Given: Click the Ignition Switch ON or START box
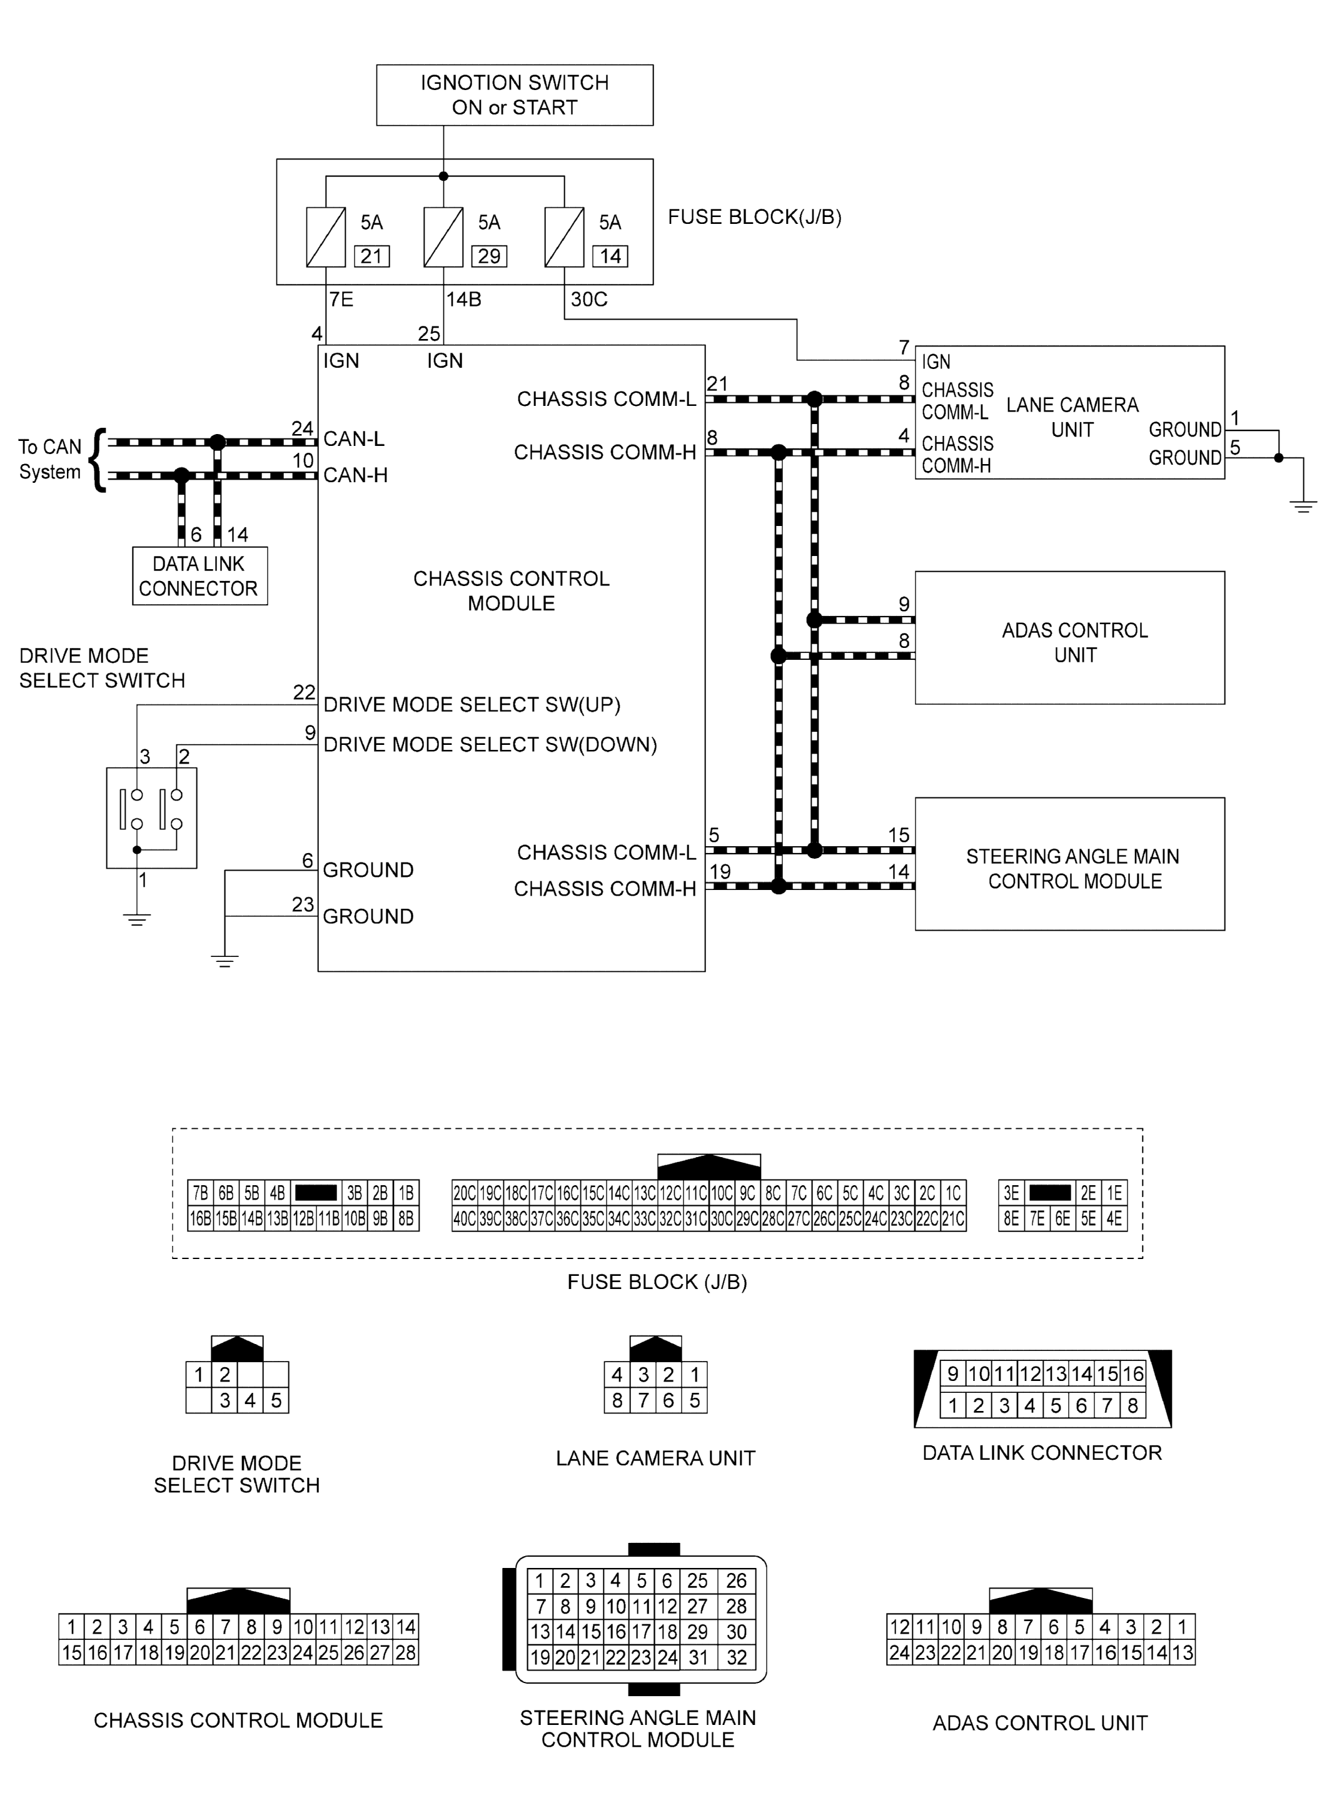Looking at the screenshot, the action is pos(515,95).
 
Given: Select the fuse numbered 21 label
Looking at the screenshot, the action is pos(371,256).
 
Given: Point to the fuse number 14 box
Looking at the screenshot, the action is pos(610,256).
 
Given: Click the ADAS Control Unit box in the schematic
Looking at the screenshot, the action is pos(1070,638).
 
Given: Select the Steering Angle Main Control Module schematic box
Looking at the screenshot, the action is pos(1070,864).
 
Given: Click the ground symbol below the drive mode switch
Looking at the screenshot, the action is pos(137,919).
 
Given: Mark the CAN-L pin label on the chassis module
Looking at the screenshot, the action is pos(354,438).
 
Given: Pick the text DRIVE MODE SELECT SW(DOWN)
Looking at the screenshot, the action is pos(490,744).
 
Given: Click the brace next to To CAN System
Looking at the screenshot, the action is pos(98,460).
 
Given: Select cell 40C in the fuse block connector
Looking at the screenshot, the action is pos(465,1218).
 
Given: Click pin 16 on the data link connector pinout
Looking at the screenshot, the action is pos(1133,1373).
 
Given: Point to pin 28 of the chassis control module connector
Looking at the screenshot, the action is pos(406,1652).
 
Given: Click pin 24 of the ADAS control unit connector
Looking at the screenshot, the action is pos(900,1652).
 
